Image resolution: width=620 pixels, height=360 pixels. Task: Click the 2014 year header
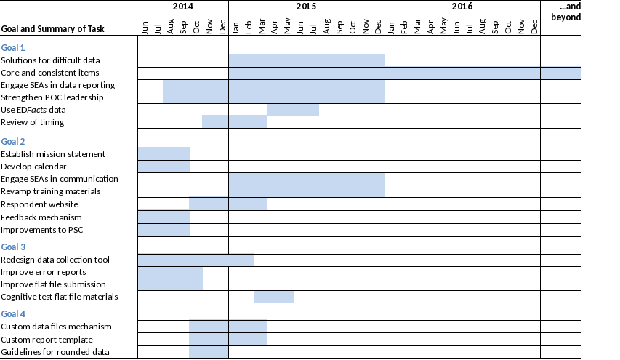click(183, 7)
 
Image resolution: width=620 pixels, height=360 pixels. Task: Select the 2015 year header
click(306, 7)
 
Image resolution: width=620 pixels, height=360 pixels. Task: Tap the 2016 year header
click(462, 7)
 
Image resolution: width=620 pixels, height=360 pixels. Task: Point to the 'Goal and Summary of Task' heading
click(53, 29)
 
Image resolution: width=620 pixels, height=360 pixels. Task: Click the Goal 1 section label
click(13, 47)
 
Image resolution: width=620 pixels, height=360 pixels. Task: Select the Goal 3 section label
click(13, 247)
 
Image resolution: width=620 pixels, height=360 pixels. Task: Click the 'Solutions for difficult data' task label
click(61, 60)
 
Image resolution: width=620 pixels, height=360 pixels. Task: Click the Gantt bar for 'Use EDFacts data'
click(293, 110)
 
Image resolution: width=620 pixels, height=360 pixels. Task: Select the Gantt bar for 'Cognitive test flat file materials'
click(273, 297)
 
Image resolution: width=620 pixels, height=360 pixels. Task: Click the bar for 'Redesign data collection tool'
click(196, 260)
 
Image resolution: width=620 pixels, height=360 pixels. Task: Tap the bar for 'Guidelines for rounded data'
click(209, 352)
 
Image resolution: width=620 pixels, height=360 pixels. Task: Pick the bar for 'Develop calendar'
click(164, 167)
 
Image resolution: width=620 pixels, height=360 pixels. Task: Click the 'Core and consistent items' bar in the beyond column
click(560, 73)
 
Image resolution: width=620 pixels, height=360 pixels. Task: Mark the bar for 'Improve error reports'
click(170, 272)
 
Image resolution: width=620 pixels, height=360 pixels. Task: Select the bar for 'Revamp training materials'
click(306, 191)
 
